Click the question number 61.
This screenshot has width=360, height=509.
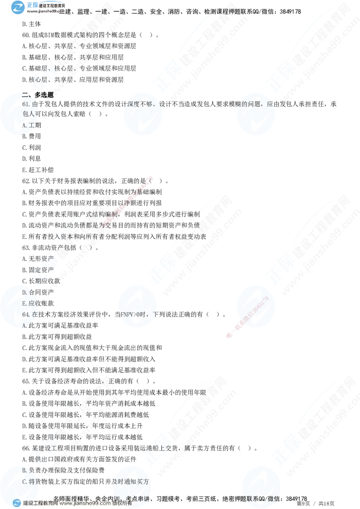point(25,104)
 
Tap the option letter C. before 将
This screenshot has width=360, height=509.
point(25,481)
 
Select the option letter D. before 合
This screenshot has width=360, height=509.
point(25,293)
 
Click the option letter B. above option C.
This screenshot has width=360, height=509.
point(25,470)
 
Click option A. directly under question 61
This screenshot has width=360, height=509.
point(25,125)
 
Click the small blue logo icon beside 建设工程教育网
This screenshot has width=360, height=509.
point(16,503)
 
